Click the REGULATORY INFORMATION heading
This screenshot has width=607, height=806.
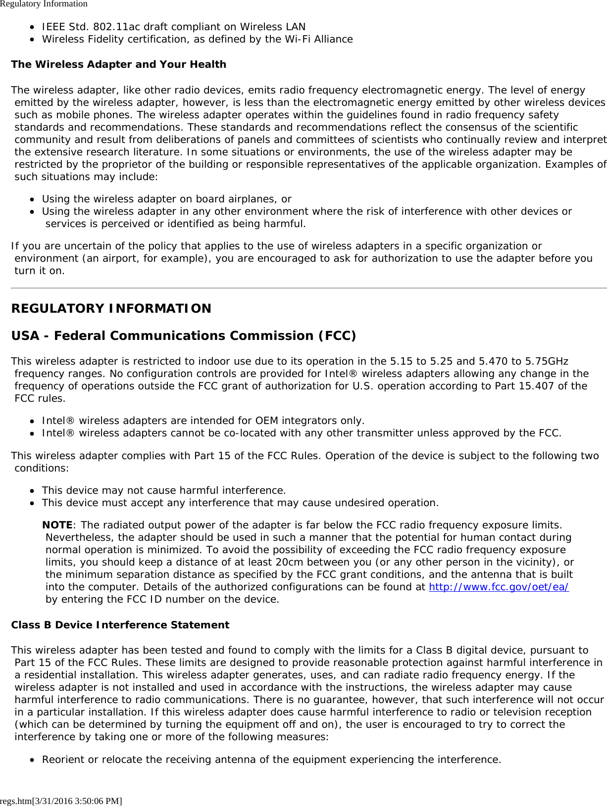[111, 308]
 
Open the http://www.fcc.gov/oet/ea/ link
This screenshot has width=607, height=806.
[499, 587]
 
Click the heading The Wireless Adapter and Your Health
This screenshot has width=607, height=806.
[119, 64]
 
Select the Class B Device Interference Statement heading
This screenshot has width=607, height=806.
[120, 625]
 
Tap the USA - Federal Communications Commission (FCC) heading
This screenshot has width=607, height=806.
[184, 335]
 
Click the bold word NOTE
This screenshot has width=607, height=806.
[57, 525]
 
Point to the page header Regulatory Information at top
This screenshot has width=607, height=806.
[44, 4]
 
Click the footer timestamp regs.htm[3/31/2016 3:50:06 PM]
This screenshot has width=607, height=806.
[61, 801]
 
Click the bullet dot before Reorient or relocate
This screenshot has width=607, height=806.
[32, 759]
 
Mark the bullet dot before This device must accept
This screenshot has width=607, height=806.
[32, 503]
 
